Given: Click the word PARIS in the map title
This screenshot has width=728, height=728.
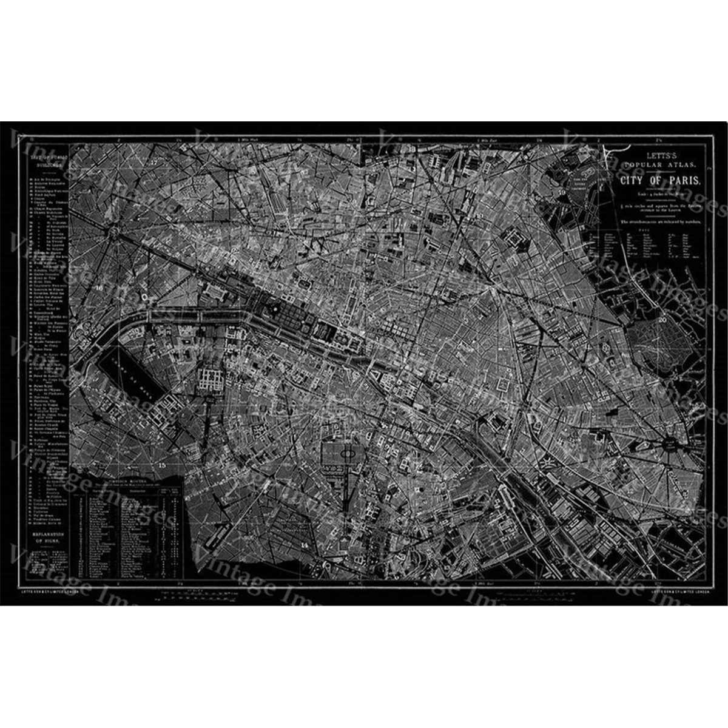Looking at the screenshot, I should [686, 181].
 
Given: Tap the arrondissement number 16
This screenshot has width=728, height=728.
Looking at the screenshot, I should [99, 288].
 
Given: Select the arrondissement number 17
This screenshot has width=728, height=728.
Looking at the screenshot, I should [153, 162].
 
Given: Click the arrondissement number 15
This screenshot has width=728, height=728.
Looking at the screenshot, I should [161, 465].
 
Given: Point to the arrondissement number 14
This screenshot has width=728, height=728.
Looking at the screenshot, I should [304, 545].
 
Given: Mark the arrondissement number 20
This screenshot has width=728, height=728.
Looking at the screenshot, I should [662, 318].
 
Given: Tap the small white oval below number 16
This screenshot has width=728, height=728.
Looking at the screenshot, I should [145, 297].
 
